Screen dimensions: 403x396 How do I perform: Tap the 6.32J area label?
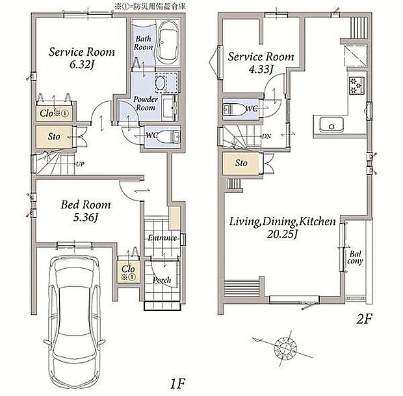tap(81, 64)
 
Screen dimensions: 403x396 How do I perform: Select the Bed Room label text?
tap(86, 204)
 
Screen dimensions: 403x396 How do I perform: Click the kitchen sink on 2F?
tap(331, 125)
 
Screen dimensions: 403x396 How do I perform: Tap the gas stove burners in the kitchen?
tap(356, 86)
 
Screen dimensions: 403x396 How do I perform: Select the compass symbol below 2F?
tap(285, 349)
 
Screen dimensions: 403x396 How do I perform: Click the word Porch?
tap(162, 280)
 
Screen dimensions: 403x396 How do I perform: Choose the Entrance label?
tap(162, 238)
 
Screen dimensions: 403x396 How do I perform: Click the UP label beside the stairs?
tap(80, 164)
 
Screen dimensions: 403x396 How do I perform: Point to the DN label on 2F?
tap(266, 136)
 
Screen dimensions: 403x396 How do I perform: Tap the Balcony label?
tap(355, 258)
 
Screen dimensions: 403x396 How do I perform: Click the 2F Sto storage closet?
tap(242, 163)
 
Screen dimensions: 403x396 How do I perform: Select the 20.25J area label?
tap(282, 234)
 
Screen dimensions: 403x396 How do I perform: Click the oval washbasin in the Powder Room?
tap(160, 83)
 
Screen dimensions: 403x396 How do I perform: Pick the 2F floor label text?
tap(364, 319)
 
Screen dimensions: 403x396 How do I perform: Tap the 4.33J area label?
tap(261, 69)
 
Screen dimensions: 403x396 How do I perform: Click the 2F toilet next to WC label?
tap(233, 109)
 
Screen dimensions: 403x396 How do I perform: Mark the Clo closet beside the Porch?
tap(128, 272)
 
